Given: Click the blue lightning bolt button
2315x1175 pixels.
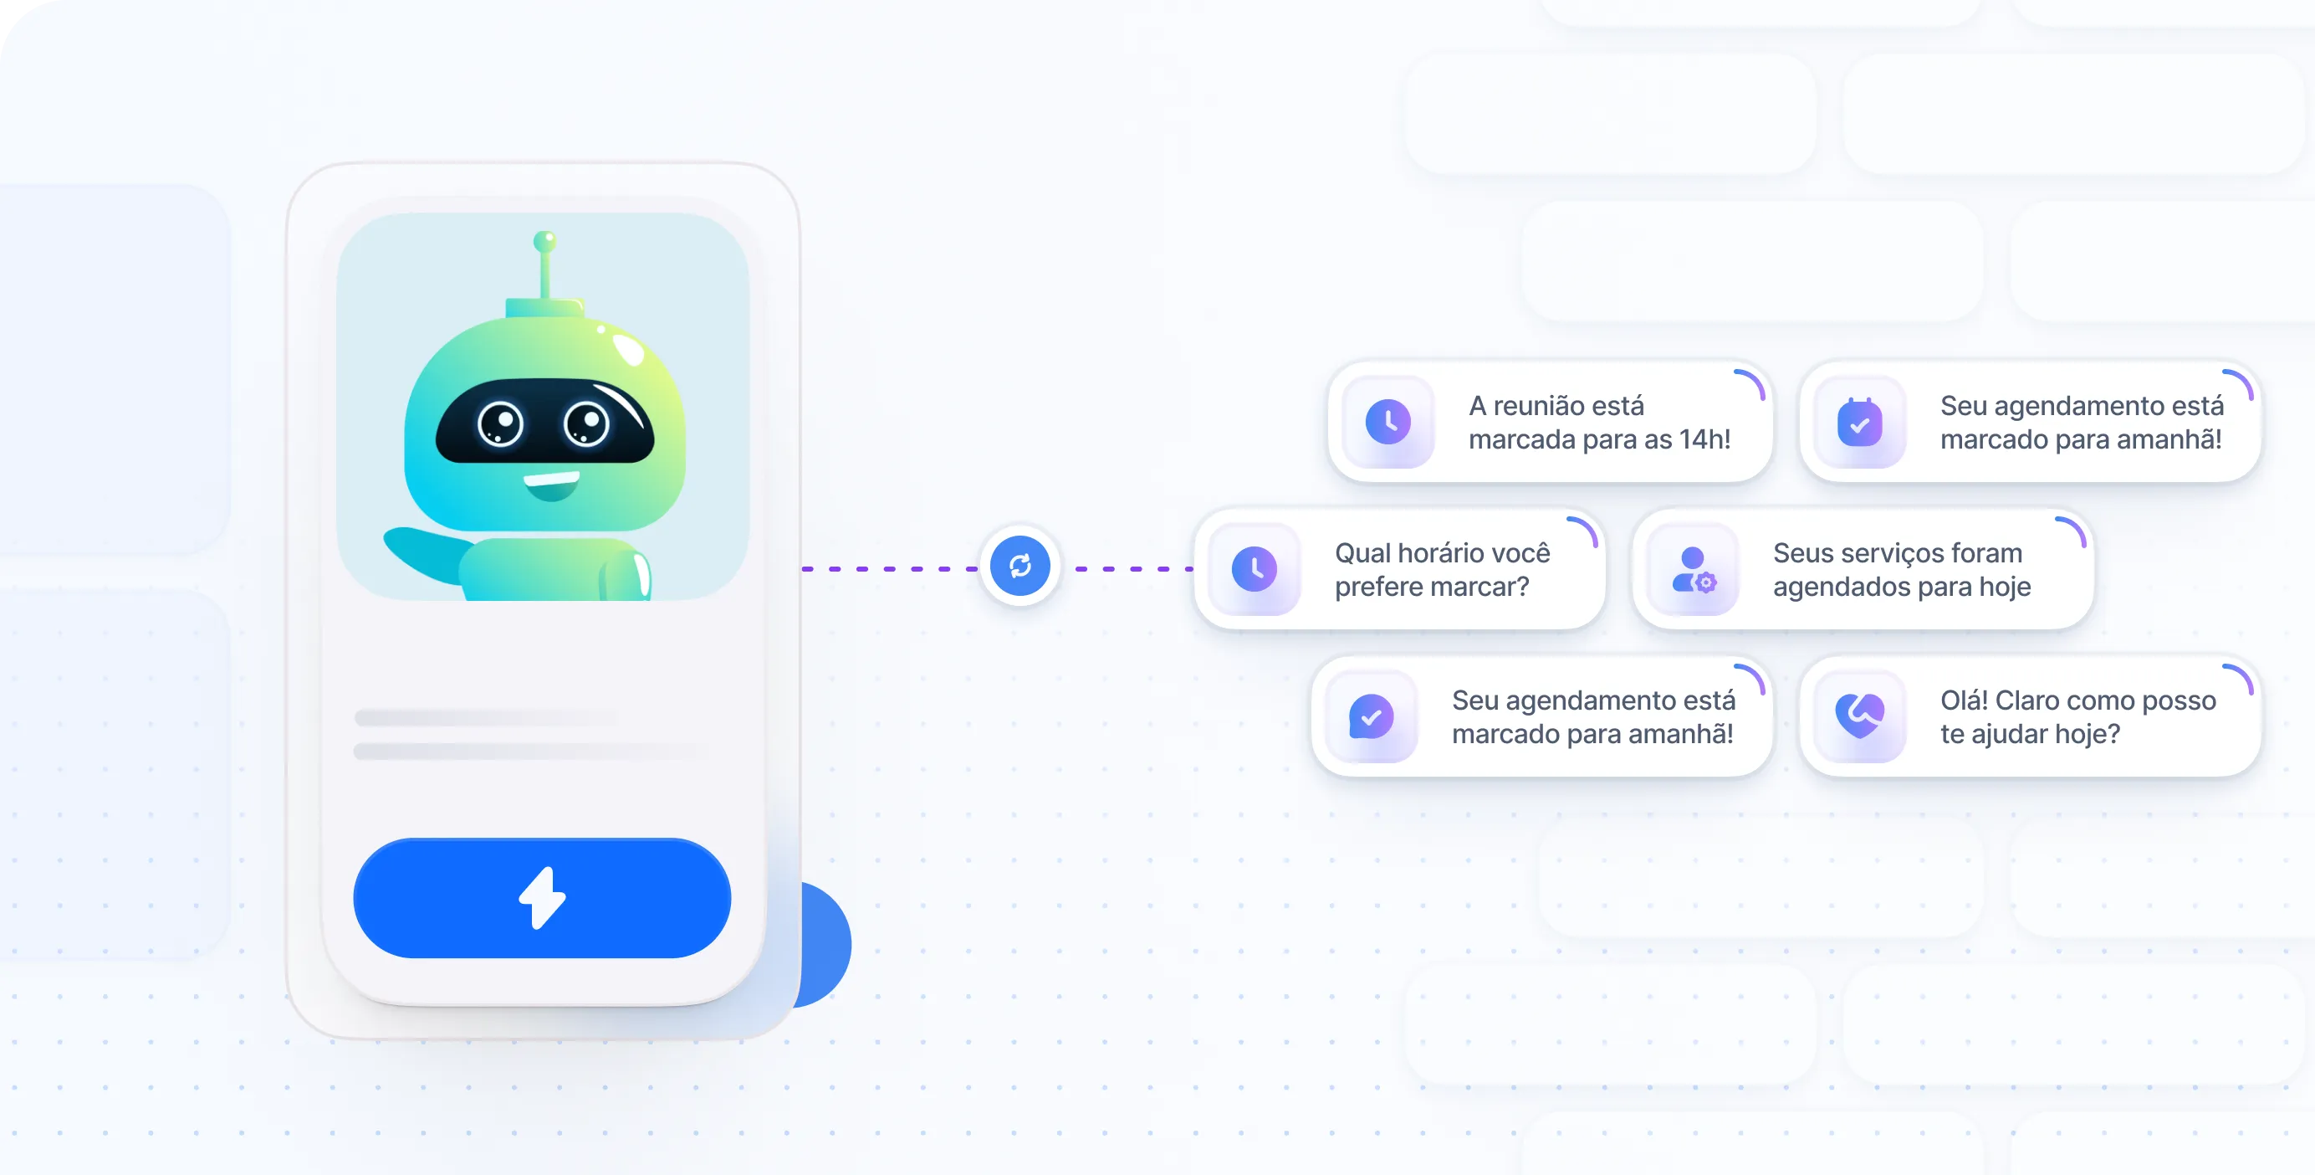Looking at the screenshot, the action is point(542,897).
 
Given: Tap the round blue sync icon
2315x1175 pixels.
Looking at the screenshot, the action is point(1020,566).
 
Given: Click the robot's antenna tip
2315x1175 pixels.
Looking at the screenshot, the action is point(544,241).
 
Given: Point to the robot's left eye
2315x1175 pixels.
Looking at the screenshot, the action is point(501,423).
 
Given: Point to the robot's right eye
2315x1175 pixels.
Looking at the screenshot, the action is point(586,423).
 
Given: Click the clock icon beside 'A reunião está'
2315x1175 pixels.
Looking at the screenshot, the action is point(1387,422).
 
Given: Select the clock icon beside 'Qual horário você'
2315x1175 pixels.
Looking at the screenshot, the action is point(1255,569).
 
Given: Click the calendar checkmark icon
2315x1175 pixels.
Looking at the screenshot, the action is point(1859,423).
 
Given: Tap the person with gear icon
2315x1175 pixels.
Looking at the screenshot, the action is point(1694,570).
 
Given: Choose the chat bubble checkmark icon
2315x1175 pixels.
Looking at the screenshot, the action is point(1372,716).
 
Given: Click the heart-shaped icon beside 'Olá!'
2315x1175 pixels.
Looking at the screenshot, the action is point(1859,716).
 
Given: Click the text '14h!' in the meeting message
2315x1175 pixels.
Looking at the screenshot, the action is point(1704,439).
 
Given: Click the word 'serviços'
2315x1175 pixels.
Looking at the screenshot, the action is point(1897,553).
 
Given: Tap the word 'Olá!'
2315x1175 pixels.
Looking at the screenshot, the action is point(1964,700).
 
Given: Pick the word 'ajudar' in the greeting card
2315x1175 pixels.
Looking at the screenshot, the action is point(2019,735).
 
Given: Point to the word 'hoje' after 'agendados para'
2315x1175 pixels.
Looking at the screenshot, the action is point(2005,587).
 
